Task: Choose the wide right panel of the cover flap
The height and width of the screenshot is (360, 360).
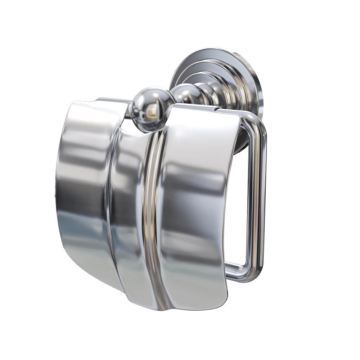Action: point(196,202)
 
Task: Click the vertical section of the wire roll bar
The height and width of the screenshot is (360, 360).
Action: point(261,198)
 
